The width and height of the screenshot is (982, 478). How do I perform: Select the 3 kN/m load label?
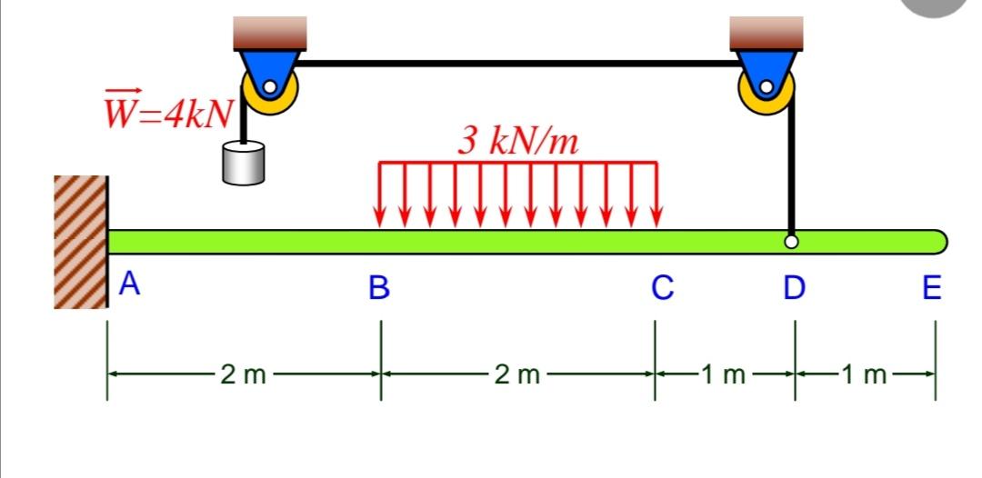(x=517, y=140)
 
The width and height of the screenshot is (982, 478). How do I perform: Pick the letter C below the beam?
(x=662, y=288)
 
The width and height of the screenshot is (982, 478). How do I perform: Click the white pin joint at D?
(x=792, y=243)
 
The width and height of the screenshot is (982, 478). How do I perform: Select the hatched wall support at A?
(x=81, y=241)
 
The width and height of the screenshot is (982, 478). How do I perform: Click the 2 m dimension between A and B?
(x=243, y=373)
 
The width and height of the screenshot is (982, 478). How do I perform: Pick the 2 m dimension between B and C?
(x=517, y=373)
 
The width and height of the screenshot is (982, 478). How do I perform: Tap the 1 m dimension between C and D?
(x=723, y=373)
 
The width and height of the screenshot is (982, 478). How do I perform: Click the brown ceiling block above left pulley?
(x=270, y=33)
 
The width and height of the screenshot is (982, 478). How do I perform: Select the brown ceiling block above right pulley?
(x=767, y=33)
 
